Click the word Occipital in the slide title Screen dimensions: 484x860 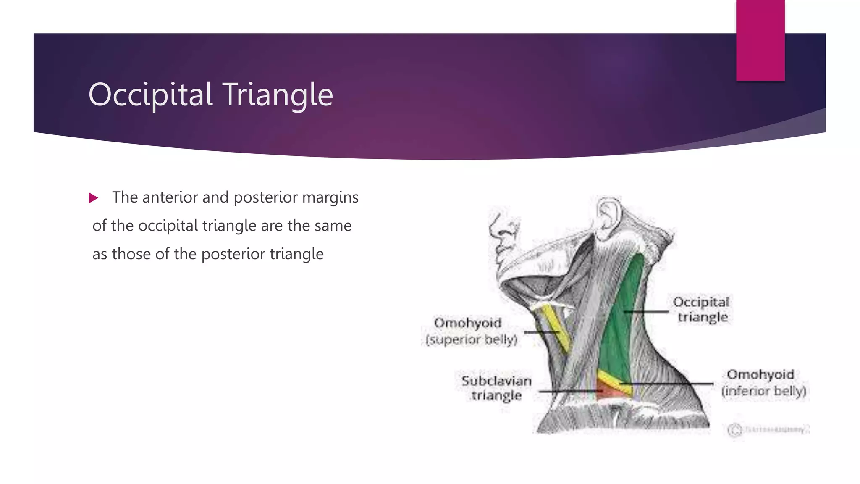150,95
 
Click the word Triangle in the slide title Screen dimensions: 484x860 277,95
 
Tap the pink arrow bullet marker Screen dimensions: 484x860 93,198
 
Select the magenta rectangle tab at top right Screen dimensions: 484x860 760,40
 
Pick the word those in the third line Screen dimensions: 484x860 131,254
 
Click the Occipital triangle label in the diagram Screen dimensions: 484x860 701,309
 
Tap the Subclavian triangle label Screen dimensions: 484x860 496,388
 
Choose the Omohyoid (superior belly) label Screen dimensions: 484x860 470,331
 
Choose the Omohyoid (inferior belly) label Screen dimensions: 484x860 763,382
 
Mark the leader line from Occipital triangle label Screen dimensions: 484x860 647,312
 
